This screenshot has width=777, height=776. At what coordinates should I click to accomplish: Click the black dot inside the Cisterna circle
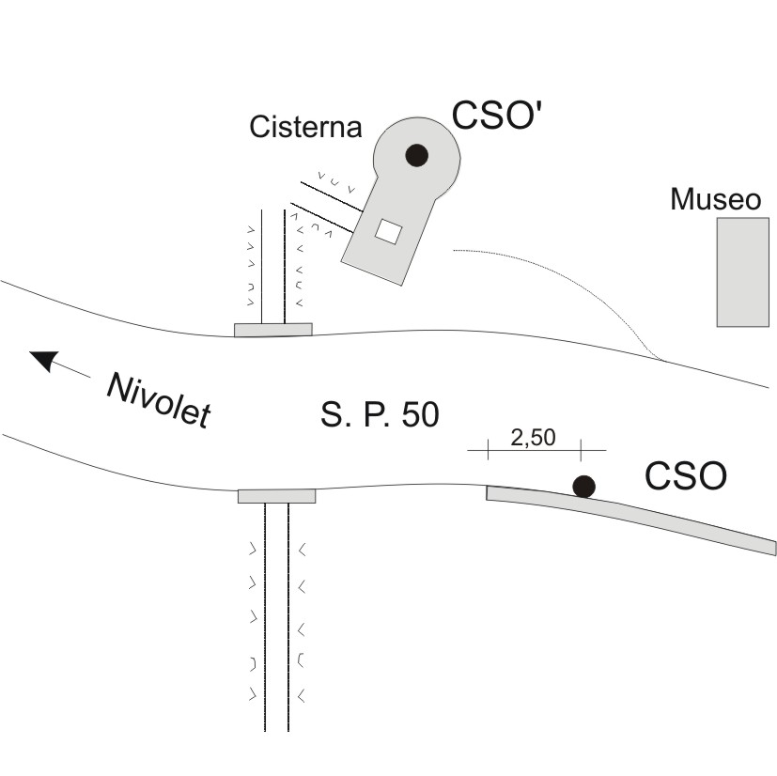coord(416,155)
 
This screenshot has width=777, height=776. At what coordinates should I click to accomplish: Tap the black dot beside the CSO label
coord(583,486)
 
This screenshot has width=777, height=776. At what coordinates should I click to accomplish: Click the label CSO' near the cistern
coord(495,115)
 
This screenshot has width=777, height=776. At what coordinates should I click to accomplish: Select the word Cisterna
coord(305,127)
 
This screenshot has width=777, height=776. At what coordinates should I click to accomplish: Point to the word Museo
coord(716,199)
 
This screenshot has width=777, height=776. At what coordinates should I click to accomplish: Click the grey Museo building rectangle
coord(743,272)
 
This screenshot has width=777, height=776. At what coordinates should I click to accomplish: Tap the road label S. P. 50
coord(380,414)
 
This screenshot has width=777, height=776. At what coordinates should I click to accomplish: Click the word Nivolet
coord(159,399)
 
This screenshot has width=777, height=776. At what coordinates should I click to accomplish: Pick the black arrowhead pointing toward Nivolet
coord(44,360)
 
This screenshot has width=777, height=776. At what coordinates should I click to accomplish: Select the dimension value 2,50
coord(534,438)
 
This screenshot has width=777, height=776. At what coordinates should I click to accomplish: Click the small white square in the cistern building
coord(388,231)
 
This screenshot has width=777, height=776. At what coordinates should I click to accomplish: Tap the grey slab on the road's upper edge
coord(273,330)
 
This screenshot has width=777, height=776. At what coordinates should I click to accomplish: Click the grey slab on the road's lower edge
coord(276,496)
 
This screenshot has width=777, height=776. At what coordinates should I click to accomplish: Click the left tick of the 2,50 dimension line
coord(489,449)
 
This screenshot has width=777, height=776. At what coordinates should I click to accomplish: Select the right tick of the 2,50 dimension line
coord(581,450)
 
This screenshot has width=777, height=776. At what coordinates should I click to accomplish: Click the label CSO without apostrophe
coord(686,475)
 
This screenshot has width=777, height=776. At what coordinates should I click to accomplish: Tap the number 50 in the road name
coord(420,414)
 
